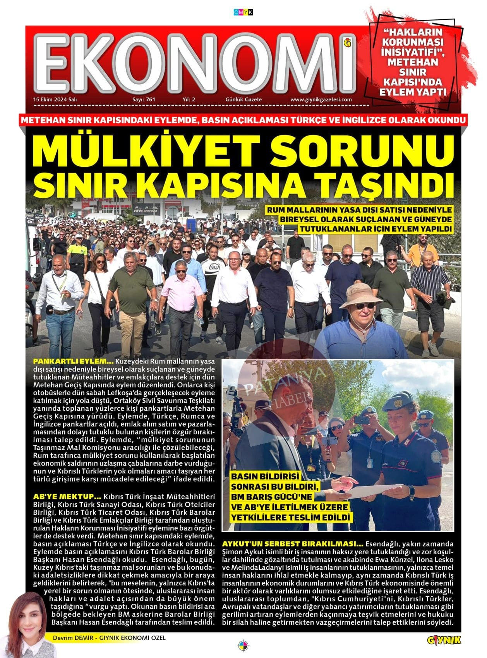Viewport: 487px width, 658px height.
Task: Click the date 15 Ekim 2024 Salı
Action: [55, 99]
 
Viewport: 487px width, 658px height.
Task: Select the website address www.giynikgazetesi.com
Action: [321, 99]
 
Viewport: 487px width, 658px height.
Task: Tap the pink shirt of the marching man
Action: [182, 292]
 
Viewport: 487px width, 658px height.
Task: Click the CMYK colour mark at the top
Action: [243, 12]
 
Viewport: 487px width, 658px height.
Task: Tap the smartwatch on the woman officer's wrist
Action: [412, 491]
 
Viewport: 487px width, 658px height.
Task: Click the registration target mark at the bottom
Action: [243, 645]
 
